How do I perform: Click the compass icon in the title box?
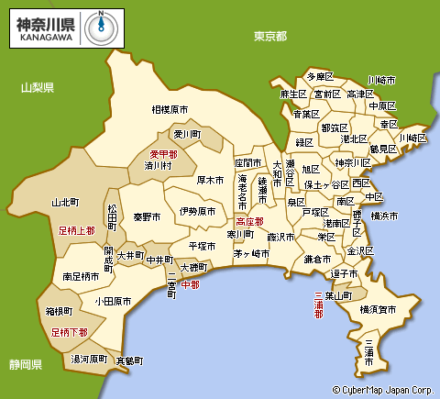click(x=101, y=28)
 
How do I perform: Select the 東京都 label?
click(x=270, y=35)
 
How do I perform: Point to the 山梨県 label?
click(x=38, y=87)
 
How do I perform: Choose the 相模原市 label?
click(x=170, y=109)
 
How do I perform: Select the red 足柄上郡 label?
click(x=77, y=230)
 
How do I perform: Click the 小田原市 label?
click(x=113, y=300)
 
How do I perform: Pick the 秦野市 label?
click(x=147, y=217)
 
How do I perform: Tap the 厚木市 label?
click(x=210, y=181)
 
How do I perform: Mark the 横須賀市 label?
click(x=379, y=310)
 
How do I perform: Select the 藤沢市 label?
click(x=282, y=237)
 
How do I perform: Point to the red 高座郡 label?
click(x=249, y=221)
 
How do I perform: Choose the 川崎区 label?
click(x=412, y=138)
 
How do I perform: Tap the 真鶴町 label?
click(x=131, y=360)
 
